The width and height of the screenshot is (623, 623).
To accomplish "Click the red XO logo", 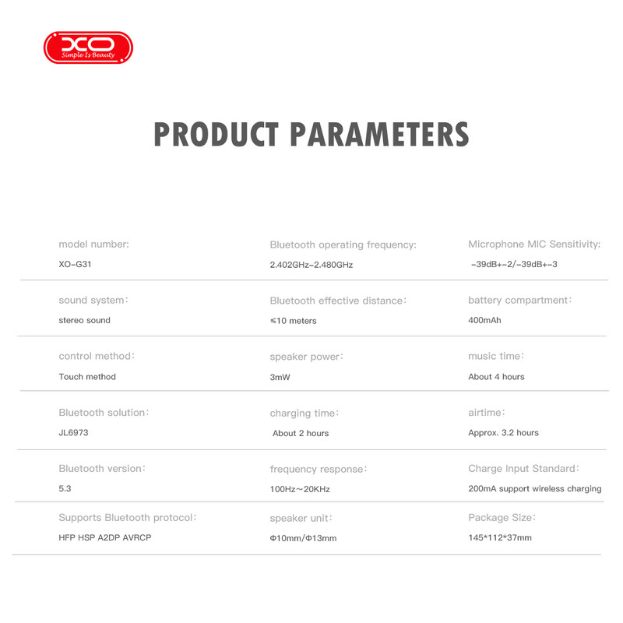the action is coord(88,48).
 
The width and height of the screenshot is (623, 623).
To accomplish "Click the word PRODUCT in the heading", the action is coord(216,134).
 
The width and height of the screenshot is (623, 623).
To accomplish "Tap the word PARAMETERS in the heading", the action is coord(380,134).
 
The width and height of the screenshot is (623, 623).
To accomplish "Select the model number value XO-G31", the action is coord(75,264).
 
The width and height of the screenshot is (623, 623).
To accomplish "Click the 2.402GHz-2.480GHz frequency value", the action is coord(311,265).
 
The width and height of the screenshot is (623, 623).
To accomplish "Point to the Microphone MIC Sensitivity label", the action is coord(534,245).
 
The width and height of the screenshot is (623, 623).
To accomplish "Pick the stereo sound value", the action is coord(85,320).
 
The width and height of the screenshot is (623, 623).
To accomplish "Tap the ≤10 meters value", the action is coord(294,321).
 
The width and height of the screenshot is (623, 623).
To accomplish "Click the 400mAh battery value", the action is coord(484,320).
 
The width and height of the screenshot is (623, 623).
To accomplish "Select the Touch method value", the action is coord(87,377).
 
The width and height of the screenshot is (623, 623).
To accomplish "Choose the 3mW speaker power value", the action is coord(280,378).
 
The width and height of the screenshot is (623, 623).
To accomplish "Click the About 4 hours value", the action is coord(496,377).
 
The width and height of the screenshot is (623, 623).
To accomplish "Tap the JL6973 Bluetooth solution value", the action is coord(73,433).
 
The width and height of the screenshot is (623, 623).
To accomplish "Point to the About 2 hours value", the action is coord(301,434).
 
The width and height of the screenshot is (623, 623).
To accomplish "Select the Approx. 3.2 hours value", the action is coord(503,433).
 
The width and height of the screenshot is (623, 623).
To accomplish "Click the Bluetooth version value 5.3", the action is coord(65,489).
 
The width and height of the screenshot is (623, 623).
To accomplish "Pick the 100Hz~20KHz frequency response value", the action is coord(300,490).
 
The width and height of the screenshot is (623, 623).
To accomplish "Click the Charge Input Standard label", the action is coord(523,469).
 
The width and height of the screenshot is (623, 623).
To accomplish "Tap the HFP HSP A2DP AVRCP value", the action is coord(105,537).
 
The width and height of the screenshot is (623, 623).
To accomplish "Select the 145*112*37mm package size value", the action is coord(500,537).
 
